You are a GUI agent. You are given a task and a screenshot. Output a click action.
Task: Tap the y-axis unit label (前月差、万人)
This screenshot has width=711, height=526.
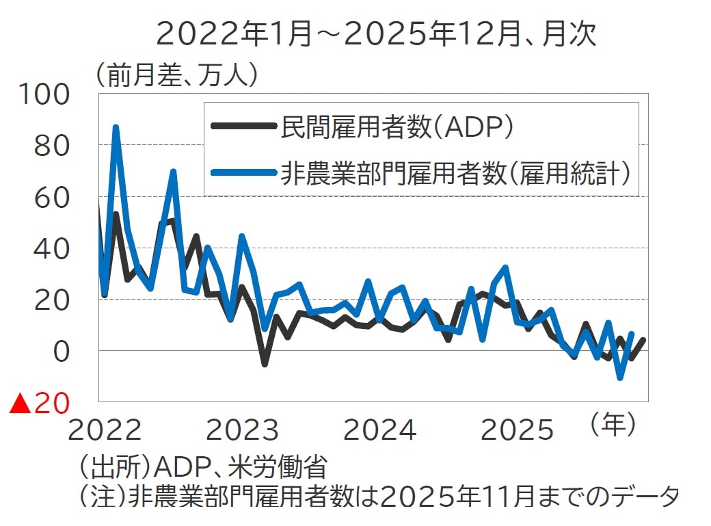point(177,75)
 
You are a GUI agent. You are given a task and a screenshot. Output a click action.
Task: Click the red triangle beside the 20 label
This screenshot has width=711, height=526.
point(20,404)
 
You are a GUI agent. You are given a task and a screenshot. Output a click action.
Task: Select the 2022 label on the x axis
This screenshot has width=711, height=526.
point(105,430)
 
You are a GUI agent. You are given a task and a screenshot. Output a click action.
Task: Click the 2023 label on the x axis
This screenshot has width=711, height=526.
point(242,430)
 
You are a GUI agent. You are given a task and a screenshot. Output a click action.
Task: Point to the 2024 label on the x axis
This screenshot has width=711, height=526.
point(379,430)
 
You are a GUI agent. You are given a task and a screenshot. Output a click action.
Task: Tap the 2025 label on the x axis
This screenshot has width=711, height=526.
point(517,430)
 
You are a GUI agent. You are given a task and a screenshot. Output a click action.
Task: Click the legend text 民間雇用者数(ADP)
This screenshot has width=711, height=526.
point(397,126)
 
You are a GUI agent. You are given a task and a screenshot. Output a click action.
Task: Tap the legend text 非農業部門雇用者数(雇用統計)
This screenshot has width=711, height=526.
point(454,172)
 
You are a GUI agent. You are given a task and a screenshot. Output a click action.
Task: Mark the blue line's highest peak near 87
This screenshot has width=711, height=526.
point(116,127)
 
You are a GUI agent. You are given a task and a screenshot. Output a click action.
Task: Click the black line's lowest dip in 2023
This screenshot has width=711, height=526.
point(265,364)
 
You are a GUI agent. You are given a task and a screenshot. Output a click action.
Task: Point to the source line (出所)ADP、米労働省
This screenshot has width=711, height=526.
point(202,469)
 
